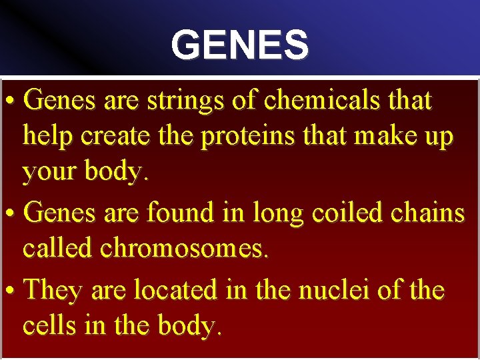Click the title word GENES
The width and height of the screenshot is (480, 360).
239,45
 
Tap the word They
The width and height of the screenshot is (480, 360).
53,290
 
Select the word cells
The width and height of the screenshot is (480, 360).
50,326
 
